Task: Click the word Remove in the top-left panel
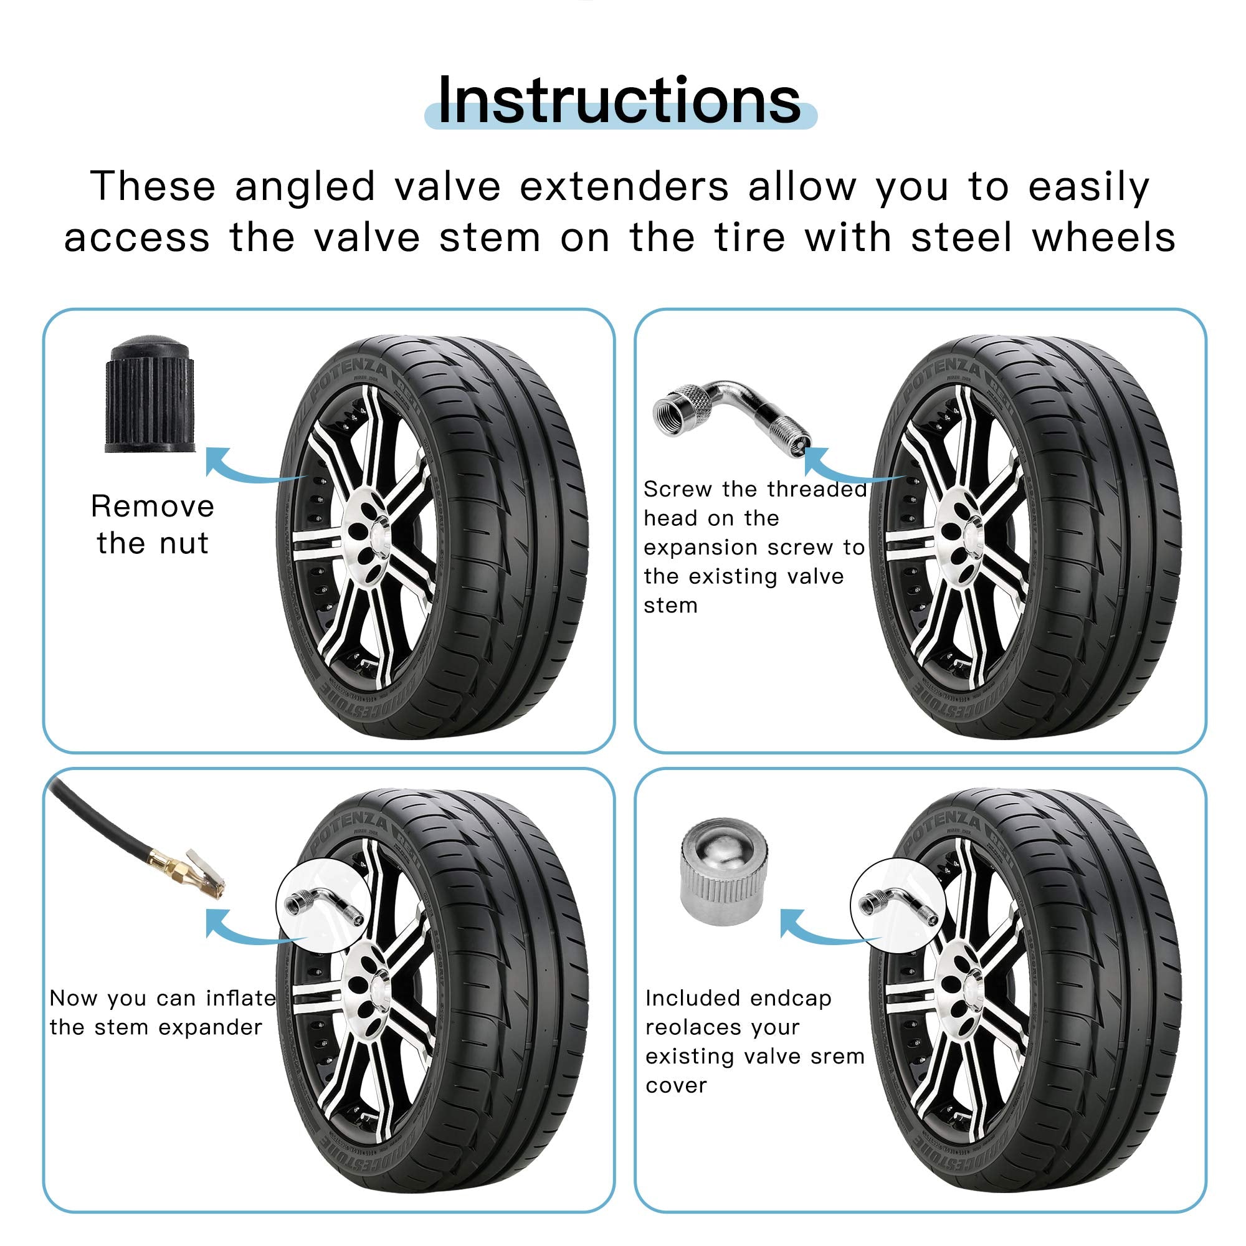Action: pos(152,507)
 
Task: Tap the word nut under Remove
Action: pos(184,544)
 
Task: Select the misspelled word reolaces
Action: pos(721,1027)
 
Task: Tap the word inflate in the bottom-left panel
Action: pos(240,998)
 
